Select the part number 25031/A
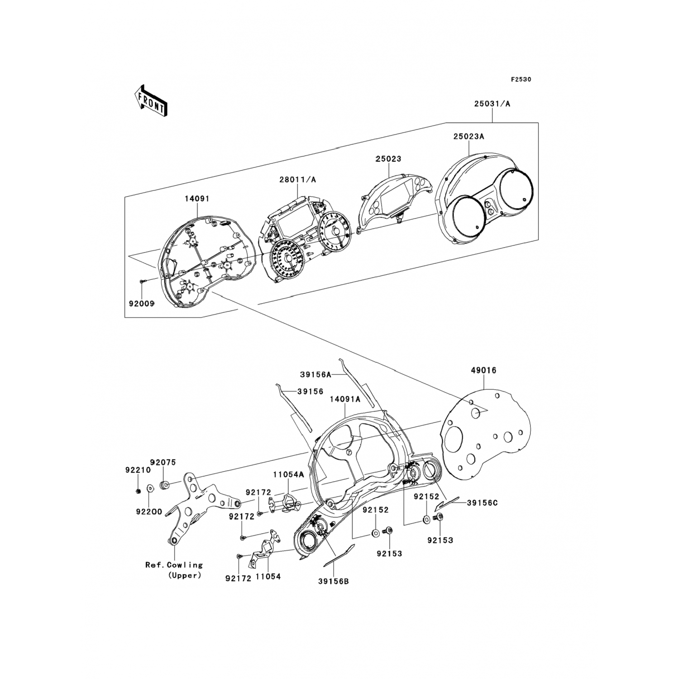[x=492, y=104]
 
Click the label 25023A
[x=469, y=136]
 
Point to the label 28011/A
[x=297, y=180]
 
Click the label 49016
[x=483, y=371]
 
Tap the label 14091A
[x=345, y=399]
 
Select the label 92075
[x=163, y=462]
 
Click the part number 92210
[x=138, y=470]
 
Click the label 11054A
[x=288, y=474]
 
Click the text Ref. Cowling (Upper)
[x=174, y=570]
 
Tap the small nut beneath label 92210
[x=138, y=492]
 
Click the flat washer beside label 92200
[x=150, y=489]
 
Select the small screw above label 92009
[x=142, y=282]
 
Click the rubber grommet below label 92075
[x=165, y=486]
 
